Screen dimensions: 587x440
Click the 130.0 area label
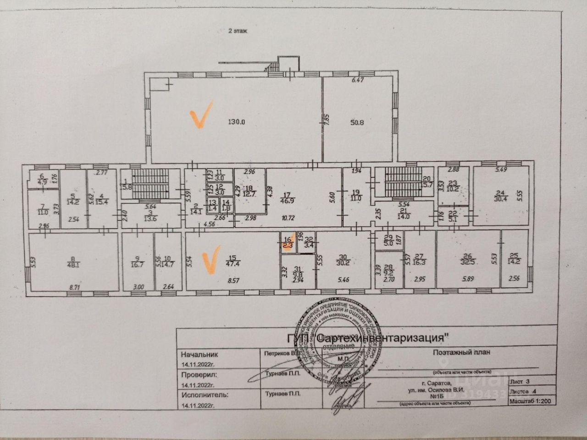[x=238, y=122]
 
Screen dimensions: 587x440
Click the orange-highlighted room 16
[x=288, y=243]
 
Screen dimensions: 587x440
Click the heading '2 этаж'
[x=238, y=31]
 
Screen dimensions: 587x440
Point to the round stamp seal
[x=339, y=340]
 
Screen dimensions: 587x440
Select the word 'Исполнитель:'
[x=204, y=394]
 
